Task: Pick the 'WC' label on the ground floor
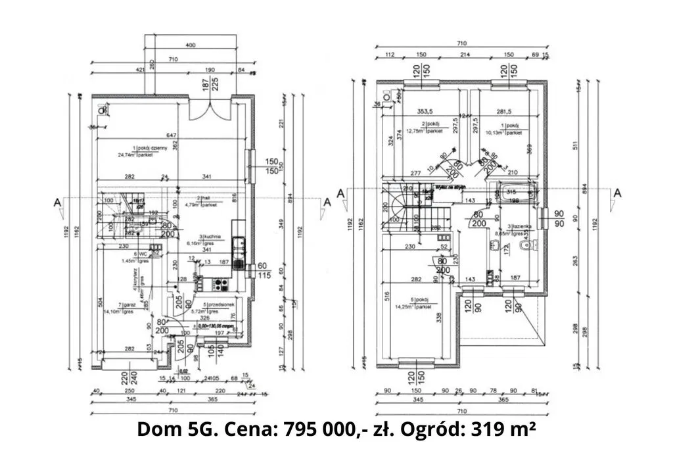click(139, 254)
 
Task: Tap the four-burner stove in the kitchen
click(220, 285)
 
